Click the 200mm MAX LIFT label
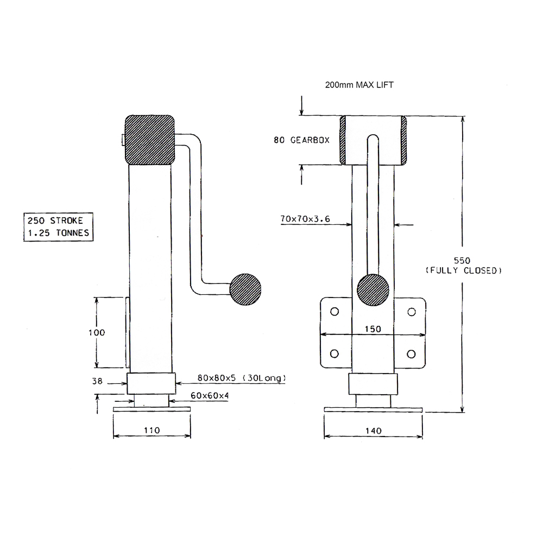pos(359,85)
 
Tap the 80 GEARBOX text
pos(301,140)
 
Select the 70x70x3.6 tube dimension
pos(306,219)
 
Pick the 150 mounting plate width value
pos(372,329)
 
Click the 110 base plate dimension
pos(151,430)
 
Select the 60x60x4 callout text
pos(209,395)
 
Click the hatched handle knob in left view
pos(245,290)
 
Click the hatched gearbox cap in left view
pos(150,140)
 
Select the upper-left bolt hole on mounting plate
pos(334,311)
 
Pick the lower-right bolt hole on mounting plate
pos(412,353)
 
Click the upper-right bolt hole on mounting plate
pos(412,311)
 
